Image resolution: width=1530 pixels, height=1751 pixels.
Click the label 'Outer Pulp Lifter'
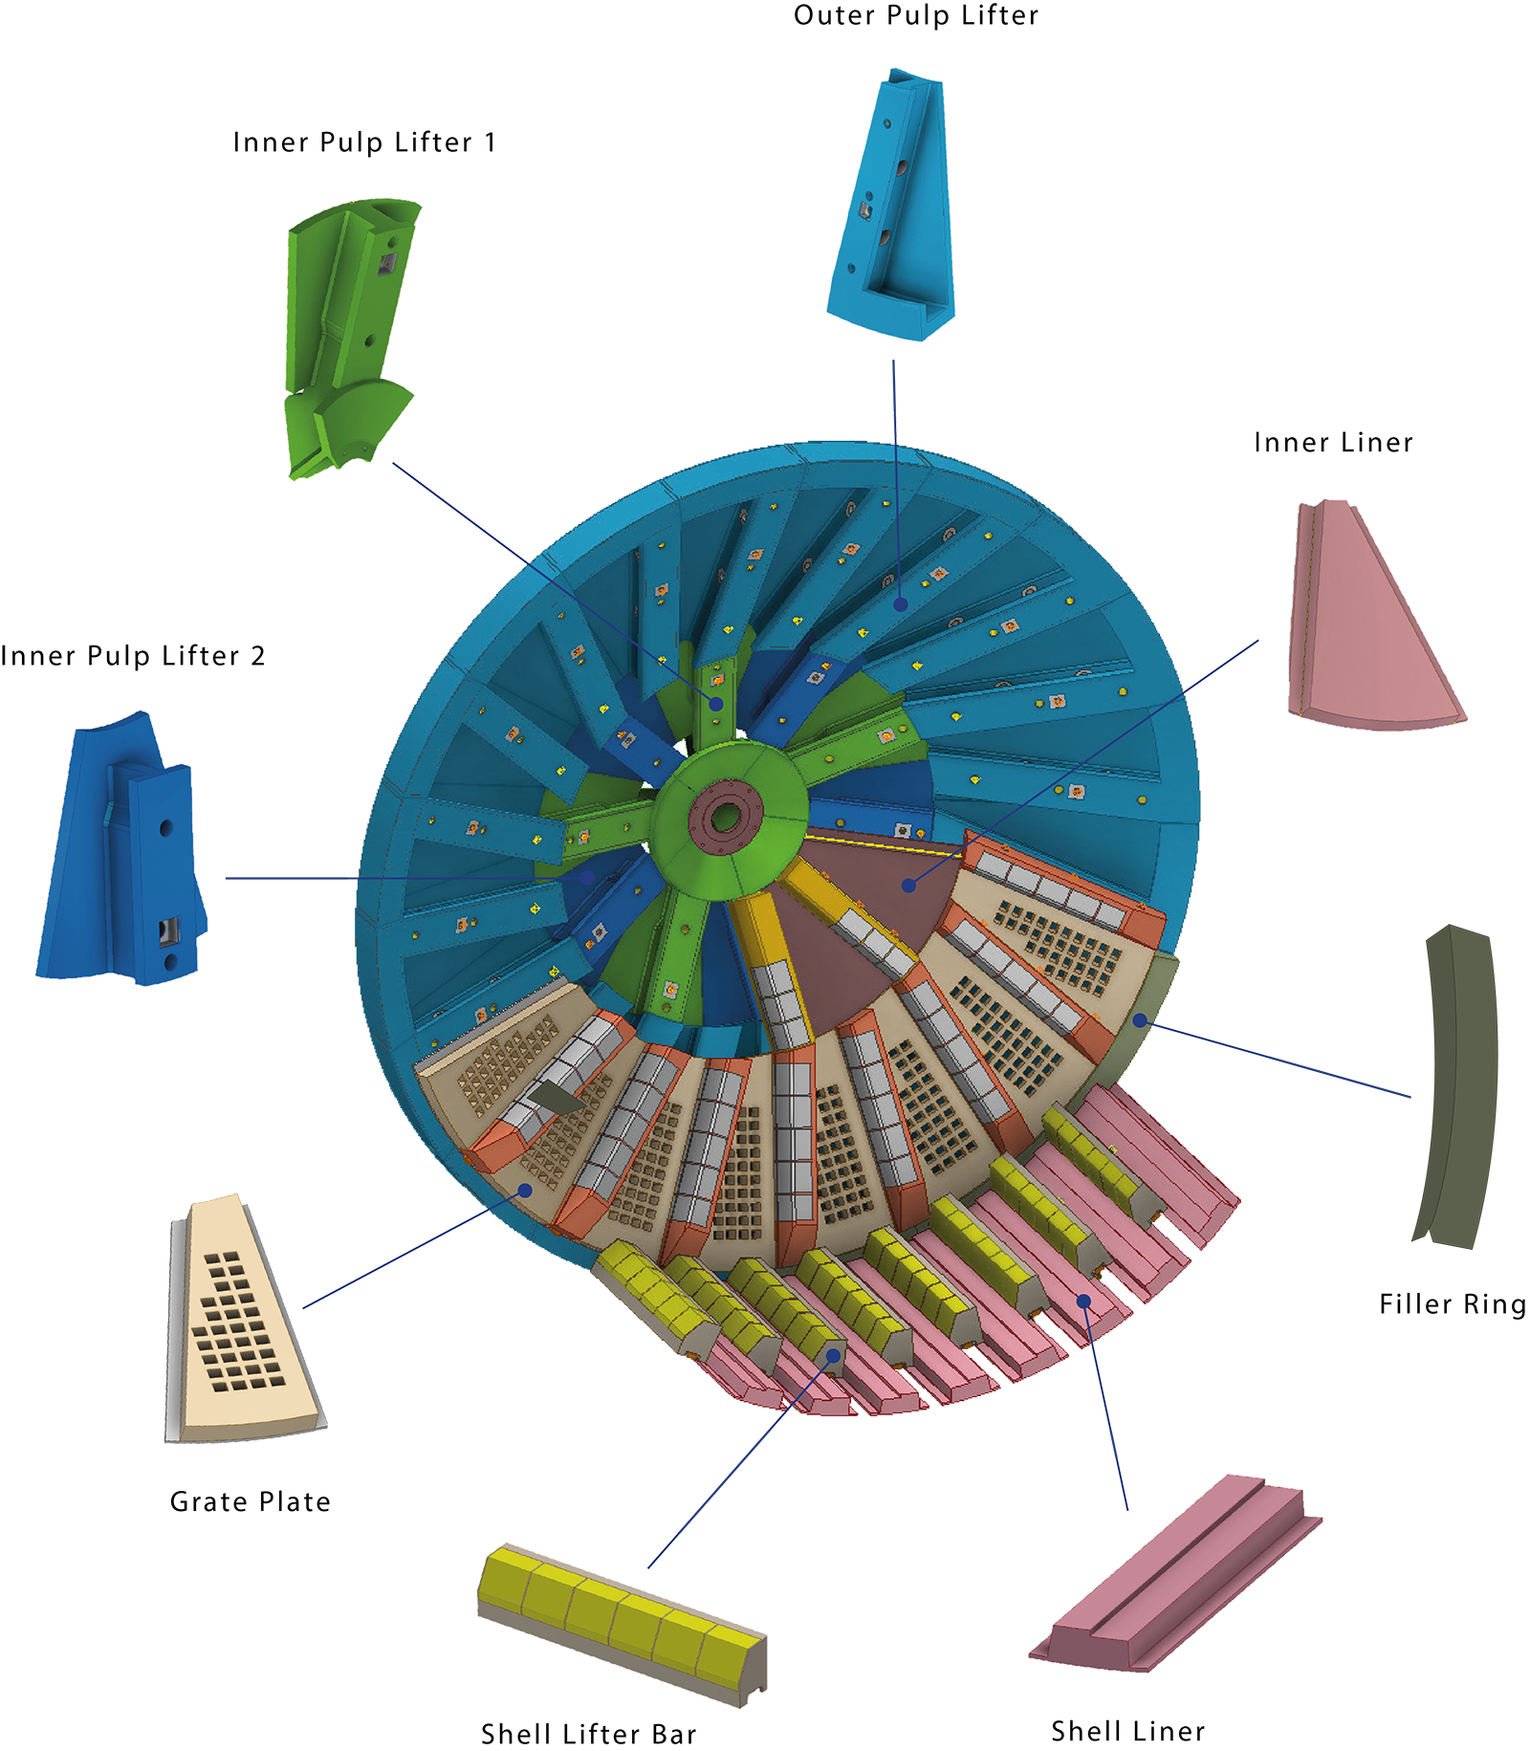915,15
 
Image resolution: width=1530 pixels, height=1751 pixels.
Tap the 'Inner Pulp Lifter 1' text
364,142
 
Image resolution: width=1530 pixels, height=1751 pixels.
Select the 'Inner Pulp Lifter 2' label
133,656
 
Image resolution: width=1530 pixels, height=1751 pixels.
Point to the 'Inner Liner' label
1333,443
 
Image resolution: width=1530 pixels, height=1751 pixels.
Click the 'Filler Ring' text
1453,1304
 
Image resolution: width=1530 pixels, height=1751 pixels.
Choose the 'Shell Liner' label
1128,1731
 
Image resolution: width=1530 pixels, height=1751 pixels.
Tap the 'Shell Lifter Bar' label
589,1734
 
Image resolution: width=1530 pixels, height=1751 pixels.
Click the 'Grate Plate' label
251,1501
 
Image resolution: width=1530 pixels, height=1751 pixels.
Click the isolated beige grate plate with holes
245,1319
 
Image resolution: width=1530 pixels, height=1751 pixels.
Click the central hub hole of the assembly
725,817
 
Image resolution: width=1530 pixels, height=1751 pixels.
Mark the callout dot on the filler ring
1140,1020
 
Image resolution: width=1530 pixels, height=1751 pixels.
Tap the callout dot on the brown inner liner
908,886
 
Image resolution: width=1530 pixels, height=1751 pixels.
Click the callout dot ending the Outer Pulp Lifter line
901,604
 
